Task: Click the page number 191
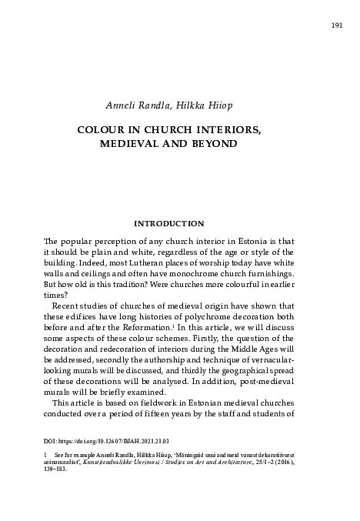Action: point(336,24)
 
